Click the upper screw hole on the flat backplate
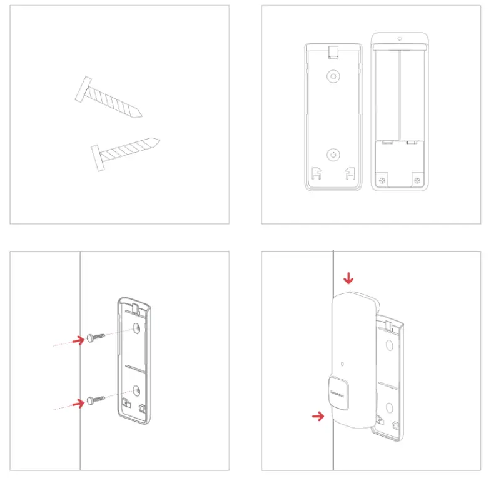pyautogui.click(x=333, y=76)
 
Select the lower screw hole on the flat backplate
pyautogui.click(x=333, y=154)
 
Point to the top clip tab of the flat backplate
pyautogui.click(x=333, y=49)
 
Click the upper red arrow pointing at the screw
pyautogui.click(x=78, y=340)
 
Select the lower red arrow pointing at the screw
pyautogui.click(x=78, y=404)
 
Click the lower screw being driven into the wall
pyautogui.click(x=94, y=399)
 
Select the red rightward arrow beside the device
pyautogui.click(x=318, y=415)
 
